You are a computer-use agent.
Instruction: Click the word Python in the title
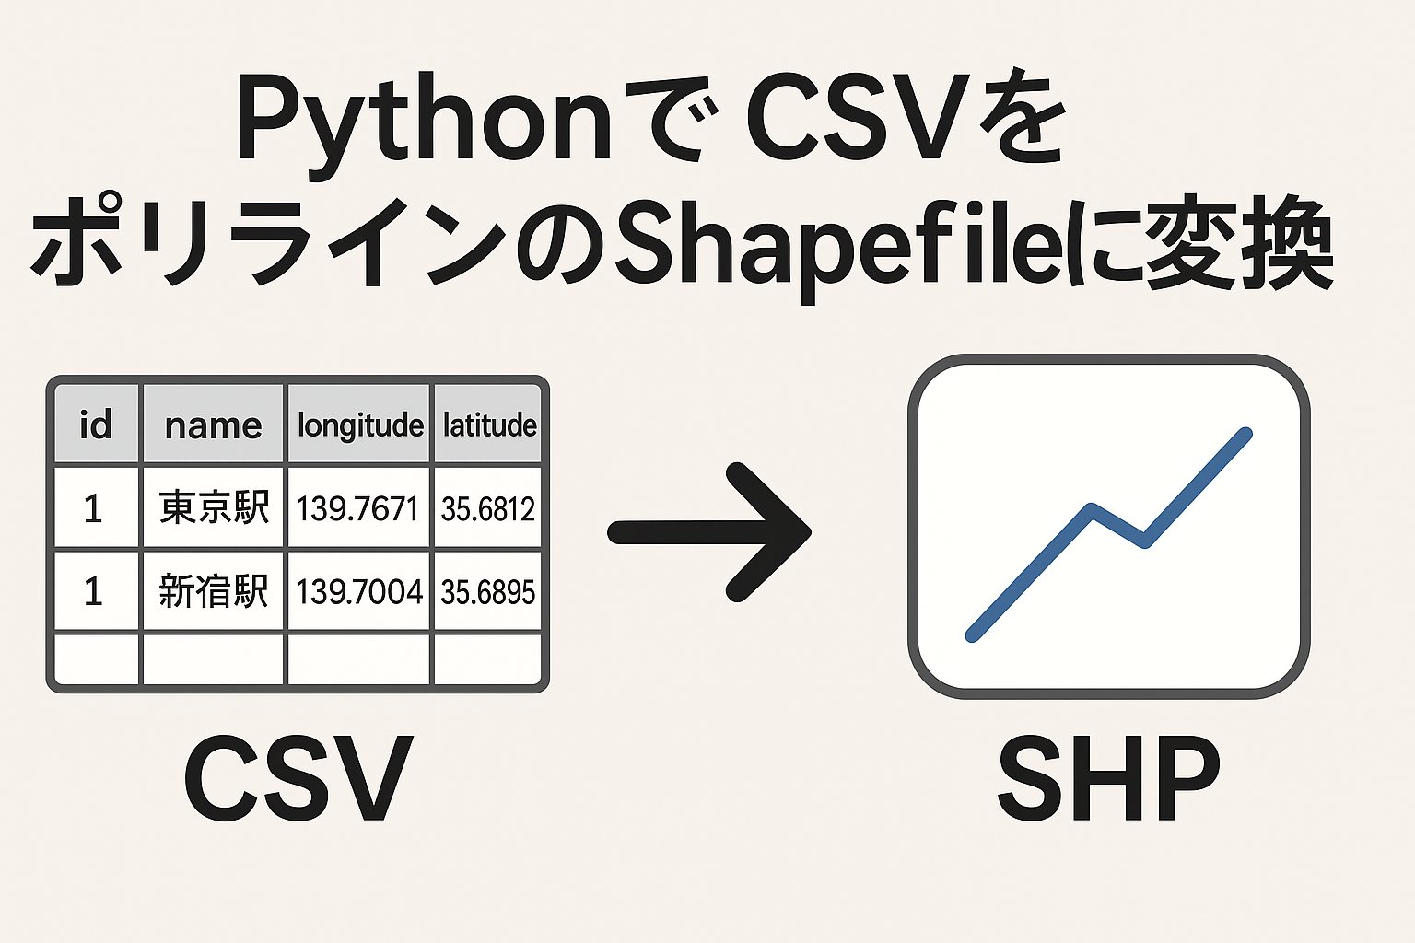(424, 123)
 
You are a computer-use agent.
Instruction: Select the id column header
(96, 425)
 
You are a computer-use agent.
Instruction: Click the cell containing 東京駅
(214, 507)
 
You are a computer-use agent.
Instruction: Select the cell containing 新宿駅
(214, 591)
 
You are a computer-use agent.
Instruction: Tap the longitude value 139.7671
(357, 509)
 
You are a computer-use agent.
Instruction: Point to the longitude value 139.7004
(358, 592)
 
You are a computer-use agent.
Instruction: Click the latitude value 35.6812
(488, 509)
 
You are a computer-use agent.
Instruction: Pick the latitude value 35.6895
(488, 592)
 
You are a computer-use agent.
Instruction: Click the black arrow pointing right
(708, 532)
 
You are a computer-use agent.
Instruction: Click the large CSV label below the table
(298, 778)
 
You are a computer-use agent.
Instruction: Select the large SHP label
(1108, 778)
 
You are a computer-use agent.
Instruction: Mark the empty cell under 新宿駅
(214, 659)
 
